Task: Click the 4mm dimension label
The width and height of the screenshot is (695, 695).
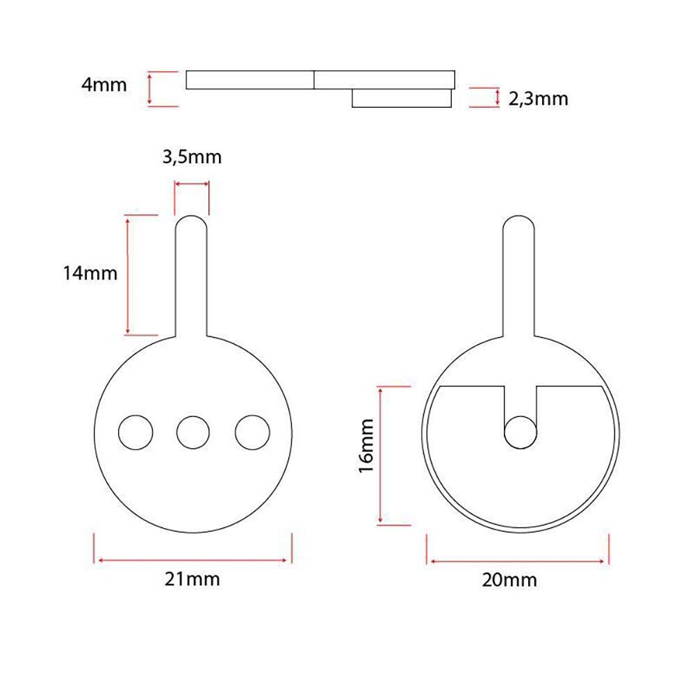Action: click(104, 84)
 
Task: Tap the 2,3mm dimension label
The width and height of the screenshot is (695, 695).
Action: click(538, 99)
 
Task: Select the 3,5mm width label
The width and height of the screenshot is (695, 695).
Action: click(192, 157)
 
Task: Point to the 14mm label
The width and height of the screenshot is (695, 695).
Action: click(90, 273)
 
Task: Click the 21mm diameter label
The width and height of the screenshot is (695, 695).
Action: click(192, 579)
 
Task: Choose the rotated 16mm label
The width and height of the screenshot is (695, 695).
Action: click(366, 446)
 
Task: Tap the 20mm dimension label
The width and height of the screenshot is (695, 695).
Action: click(509, 580)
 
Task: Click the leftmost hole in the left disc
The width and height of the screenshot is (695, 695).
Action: click(136, 432)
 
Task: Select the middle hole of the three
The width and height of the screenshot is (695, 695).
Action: click(193, 432)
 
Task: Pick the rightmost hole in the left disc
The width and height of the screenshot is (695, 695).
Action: click(252, 432)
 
